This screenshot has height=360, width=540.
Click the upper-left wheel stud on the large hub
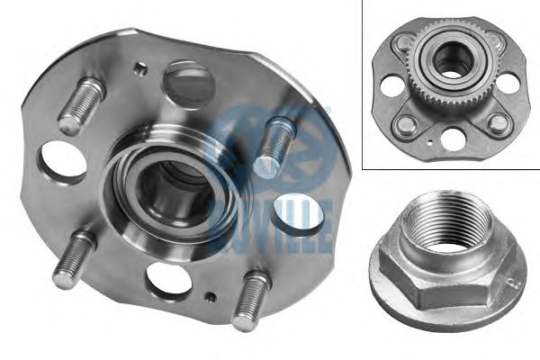82,104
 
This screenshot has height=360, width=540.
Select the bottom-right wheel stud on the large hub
251,301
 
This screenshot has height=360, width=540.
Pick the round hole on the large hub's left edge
62,163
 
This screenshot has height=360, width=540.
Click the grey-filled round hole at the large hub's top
188,81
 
